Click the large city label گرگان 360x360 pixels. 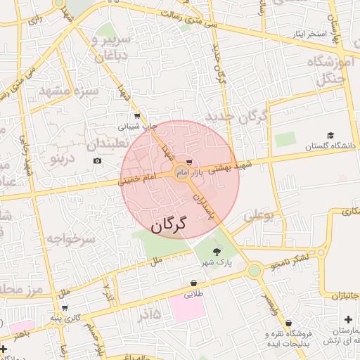click(x=168, y=224)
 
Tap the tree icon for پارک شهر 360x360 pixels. click(x=216, y=250)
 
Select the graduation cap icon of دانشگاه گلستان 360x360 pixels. click(x=330, y=135)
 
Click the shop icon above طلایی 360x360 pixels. click(x=193, y=283)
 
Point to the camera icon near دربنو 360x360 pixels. click(x=97, y=161)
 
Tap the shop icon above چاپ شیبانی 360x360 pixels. click(x=136, y=116)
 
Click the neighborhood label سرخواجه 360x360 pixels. click(x=70, y=239)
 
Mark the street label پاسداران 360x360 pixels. click(x=205, y=205)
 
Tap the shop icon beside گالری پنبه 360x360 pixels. click(x=65, y=307)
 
